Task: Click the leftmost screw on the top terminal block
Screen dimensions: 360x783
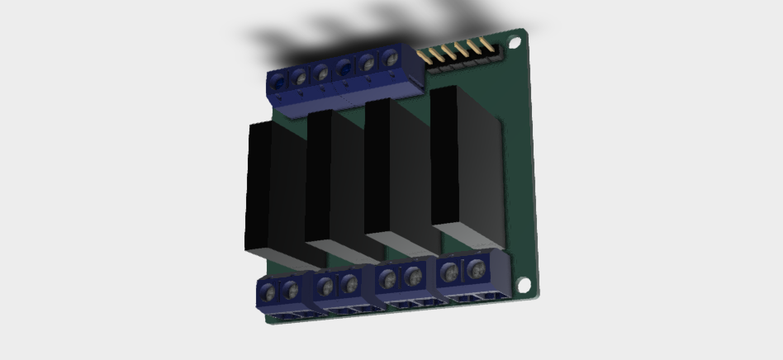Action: pyautogui.click(x=281, y=80)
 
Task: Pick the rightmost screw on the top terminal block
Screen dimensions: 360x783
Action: pyautogui.click(x=391, y=59)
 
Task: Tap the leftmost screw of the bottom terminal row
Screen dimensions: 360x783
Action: pyautogui.click(x=270, y=291)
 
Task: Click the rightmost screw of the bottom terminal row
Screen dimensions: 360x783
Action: pyautogui.click(x=475, y=269)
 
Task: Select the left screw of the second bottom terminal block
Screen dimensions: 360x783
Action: pyautogui.click(x=325, y=287)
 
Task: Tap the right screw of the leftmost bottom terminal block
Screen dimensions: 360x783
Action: pyautogui.click(x=291, y=291)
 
